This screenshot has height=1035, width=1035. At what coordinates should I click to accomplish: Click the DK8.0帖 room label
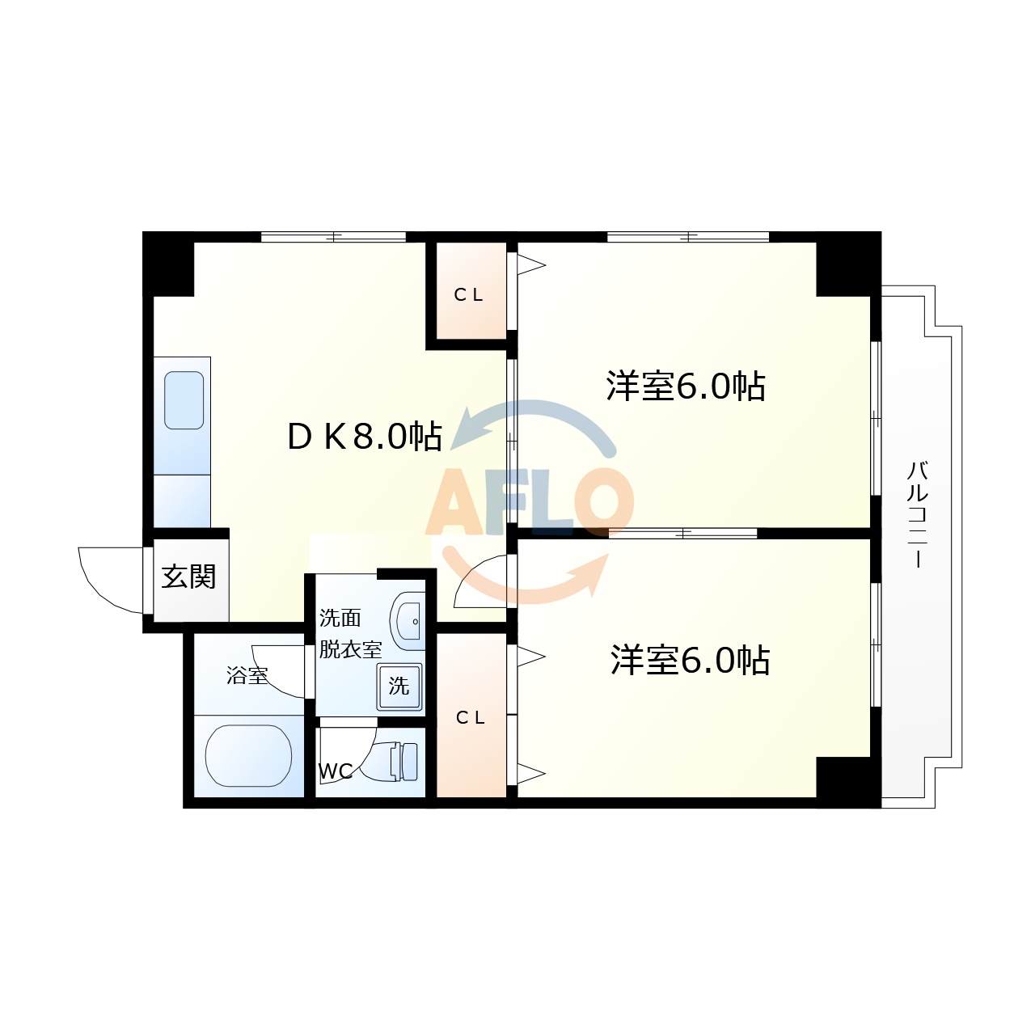click(x=364, y=437)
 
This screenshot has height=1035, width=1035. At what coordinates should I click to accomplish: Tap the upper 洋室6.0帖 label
click(x=686, y=386)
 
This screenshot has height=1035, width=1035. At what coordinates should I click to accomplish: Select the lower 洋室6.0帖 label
click(x=690, y=660)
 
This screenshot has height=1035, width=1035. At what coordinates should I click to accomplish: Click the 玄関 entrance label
click(x=188, y=577)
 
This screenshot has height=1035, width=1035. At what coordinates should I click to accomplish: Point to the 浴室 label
click(x=247, y=675)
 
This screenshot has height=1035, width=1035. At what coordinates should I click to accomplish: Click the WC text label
click(x=335, y=771)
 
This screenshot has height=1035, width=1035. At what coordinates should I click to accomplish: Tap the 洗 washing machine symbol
click(x=399, y=686)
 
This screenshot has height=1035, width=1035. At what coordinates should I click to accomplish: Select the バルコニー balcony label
click(x=917, y=514)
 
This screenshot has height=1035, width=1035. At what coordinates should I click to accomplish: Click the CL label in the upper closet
click(x=468, y=295)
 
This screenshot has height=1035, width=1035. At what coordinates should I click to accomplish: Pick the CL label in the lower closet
click(x=471, y=717)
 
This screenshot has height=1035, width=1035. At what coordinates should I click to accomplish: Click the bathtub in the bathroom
click(x=248, y=755)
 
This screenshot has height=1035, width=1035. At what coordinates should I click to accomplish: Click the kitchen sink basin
click(x=184, y=400)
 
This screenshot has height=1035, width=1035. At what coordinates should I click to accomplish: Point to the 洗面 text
click(x=340, y=619)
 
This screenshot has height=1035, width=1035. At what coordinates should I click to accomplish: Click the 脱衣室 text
click(x=350, y=649)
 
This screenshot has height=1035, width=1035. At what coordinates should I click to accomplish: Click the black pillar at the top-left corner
click(x=168, y=264)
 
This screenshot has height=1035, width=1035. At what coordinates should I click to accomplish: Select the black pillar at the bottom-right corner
click(x=847, y=781)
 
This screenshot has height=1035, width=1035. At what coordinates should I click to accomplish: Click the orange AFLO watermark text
click(x=530, y=503)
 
